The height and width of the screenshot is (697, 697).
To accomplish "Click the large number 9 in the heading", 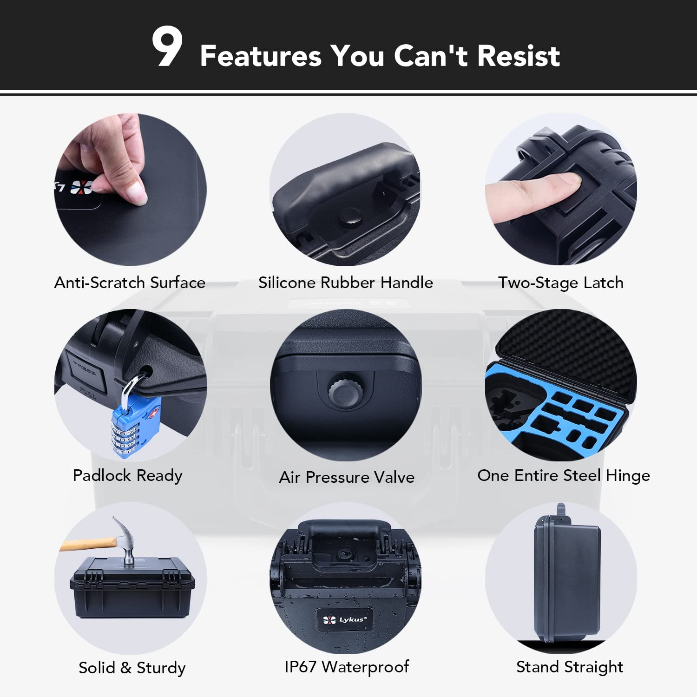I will click(167, 46).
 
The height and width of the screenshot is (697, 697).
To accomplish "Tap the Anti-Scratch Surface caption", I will click(130, 283).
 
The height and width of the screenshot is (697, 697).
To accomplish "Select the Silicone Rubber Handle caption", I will click(345, 283).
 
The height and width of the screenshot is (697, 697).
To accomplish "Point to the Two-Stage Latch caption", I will click(560, 283).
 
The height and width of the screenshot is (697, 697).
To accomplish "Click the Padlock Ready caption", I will click(127, 475).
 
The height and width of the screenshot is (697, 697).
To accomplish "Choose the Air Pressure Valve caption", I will click(347, 477).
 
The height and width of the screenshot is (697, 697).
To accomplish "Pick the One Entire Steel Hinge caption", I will click(563, 475).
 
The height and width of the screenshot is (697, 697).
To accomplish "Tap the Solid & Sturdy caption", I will click(132, 668).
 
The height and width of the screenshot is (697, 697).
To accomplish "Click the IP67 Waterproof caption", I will click(347, 667).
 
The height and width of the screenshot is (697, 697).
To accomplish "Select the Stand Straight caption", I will click(570, 667).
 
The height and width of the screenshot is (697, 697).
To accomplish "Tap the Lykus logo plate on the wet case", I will click(344, 619).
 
